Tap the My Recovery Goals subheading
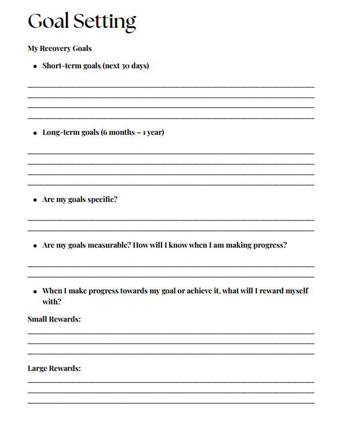coord(60,49)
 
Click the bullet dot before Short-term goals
coord(35,67)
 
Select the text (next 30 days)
coord(126,66)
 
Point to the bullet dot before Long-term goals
coord(35,133)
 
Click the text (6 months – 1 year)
coord(133,133)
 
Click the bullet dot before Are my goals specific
coord(35,200)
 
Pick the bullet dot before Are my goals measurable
coord(35,246)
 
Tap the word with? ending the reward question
coord(52,301)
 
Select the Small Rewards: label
coord(54,319)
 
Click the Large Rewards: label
coord(54,369)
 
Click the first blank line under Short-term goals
coord(171,87)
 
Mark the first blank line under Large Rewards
coord(171,382)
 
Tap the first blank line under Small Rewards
coord(171,333)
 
